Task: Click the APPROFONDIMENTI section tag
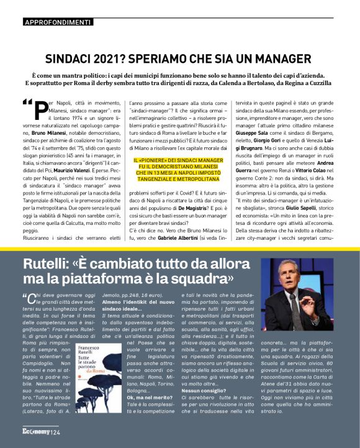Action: (x=57, y=22)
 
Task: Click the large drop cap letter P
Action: (x=38, y=112)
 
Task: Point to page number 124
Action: (x=56, y=432)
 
